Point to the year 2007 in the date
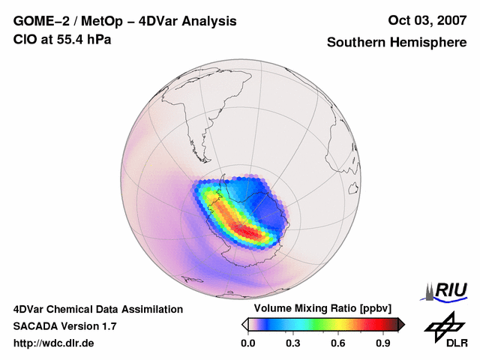point(448,20)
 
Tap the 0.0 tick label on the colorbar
point(247,343)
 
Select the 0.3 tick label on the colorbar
point(293,343)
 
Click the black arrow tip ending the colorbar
point(401,324)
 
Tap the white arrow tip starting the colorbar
point(244,324)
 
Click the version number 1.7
point(108,326)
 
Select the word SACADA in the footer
point(35,326)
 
